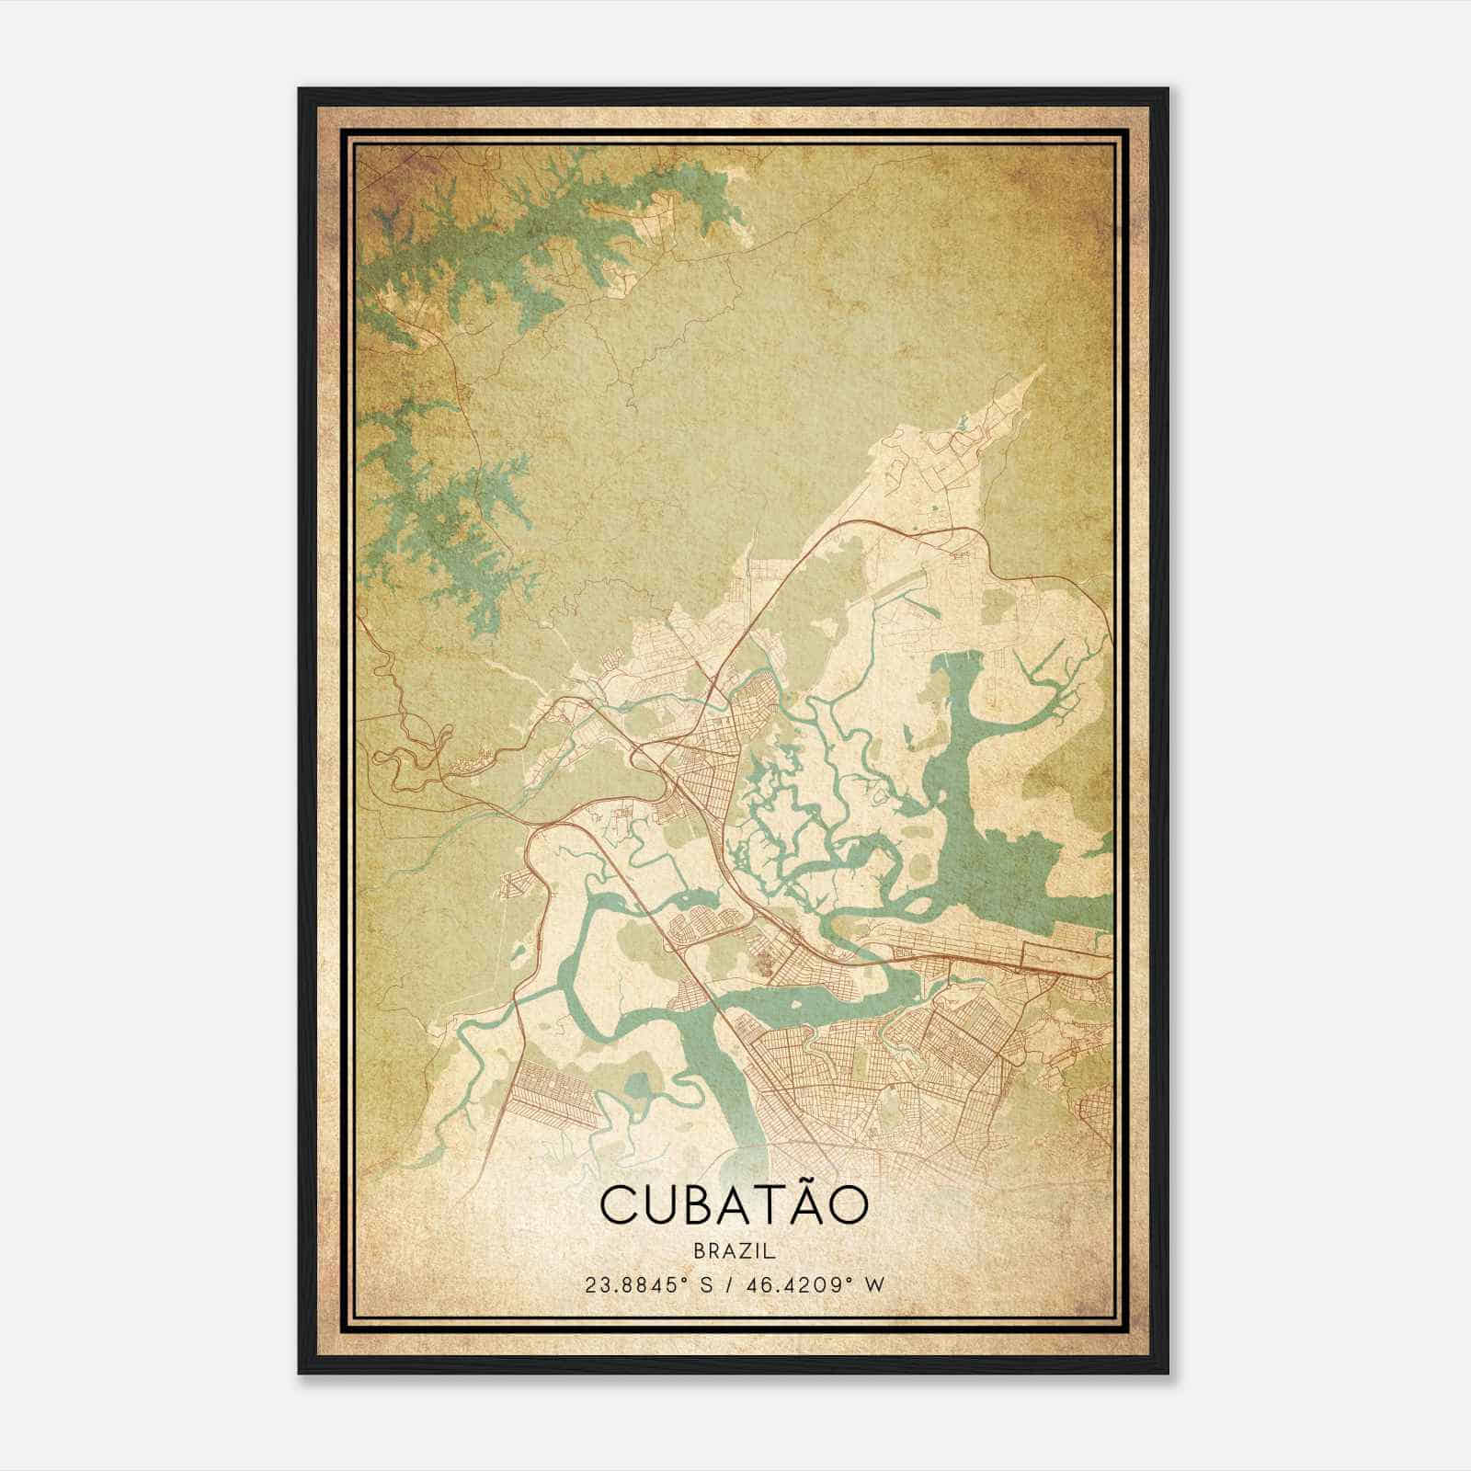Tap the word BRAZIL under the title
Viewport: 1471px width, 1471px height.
pyautogui.click(x=734, y=1251)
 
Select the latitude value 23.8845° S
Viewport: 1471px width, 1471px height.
pyautogui.click(x=650, y=1284)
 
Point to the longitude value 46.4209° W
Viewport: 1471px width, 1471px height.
pyautogui.click(x=814, y=1284)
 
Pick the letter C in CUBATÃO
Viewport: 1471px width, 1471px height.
pyautogui.click(x=620, y=1205)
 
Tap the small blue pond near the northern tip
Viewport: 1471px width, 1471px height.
pyautogui.click(x=962, y=424)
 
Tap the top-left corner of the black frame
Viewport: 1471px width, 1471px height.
pyautogui.click(x=301, y=90)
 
